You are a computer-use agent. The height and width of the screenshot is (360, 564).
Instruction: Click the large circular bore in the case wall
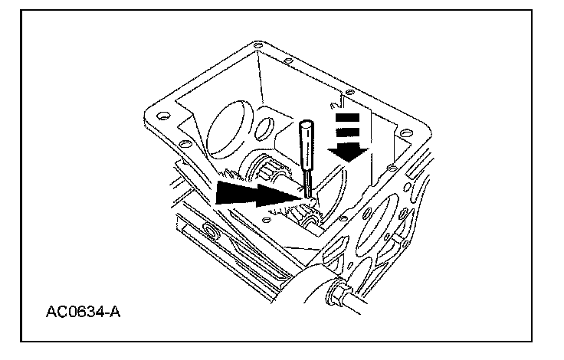click(231, 130)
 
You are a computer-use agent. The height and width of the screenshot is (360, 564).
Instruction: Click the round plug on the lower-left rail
click(210, 231)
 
